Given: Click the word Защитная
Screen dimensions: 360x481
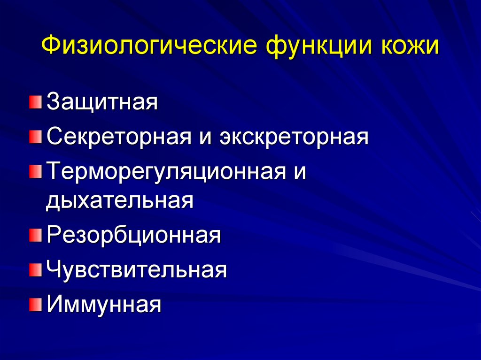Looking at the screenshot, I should tap(101, 102).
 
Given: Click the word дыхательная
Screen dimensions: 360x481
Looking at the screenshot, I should tap(120, 200).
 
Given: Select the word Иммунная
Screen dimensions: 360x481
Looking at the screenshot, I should tap(104, 305).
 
